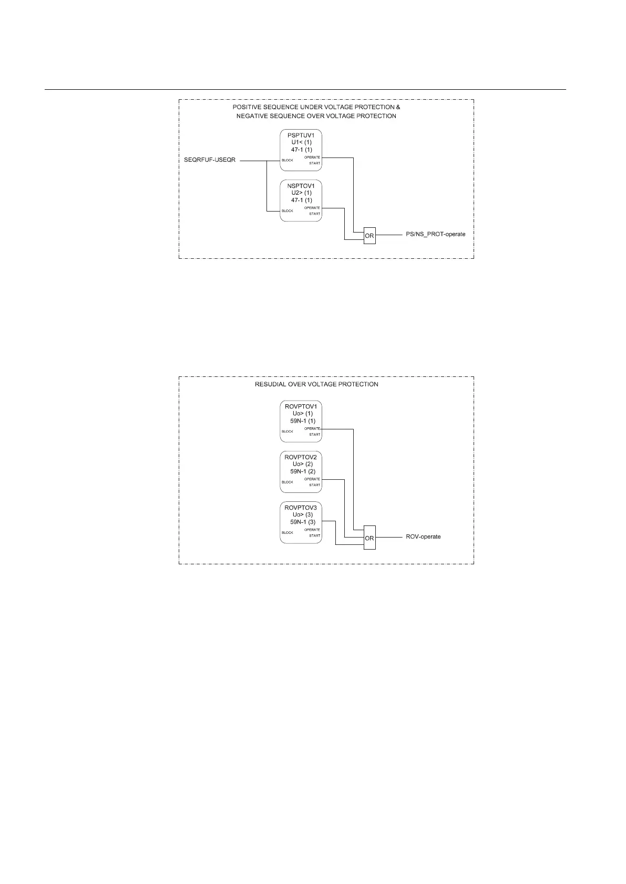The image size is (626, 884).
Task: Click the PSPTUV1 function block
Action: pos(301,150)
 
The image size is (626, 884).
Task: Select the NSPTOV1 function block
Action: pos(301,201)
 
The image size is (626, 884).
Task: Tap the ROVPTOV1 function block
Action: pos(301,422)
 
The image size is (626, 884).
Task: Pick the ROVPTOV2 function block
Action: pos(301,472)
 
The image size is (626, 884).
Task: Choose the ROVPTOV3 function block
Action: pos(301,523)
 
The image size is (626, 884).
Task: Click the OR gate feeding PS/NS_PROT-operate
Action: pos(370,236)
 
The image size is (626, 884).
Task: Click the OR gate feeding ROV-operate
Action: pos(370,538)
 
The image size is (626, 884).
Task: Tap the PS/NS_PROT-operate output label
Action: pos(436,234)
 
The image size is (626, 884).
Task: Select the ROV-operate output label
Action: pos(423,536)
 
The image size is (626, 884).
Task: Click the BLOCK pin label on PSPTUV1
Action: pos(288,160)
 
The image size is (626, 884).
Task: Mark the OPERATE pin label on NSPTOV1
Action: pos(312,208)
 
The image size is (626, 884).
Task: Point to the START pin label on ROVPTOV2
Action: pos(314,485)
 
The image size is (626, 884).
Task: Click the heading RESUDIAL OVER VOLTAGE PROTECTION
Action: pos(316,384)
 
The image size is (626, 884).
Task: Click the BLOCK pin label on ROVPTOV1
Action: pos(288,432)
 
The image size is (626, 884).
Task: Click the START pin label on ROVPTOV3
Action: pos(314,535)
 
